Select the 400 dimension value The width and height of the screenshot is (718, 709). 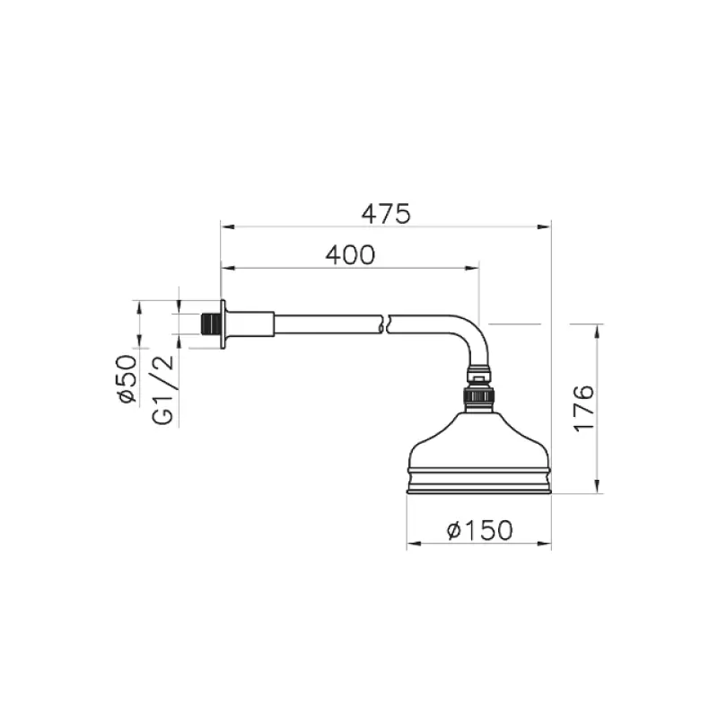tap(349, 255)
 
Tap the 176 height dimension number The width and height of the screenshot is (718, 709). tap(583, 408)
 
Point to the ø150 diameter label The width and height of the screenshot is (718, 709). tap(479, 531)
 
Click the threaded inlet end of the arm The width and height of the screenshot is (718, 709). tap(211, 323)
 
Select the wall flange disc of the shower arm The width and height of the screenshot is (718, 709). tap(223, 323)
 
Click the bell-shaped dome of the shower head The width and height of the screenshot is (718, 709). tap(478, 440)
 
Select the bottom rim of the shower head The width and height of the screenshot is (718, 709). tap(478, 488)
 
